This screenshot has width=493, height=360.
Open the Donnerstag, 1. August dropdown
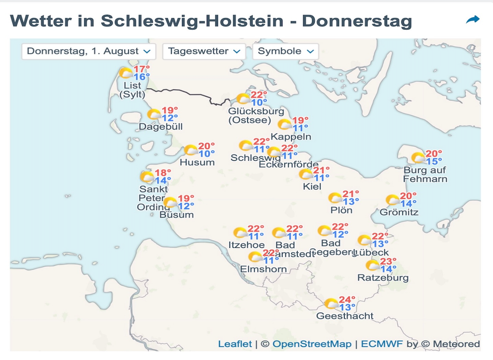pyautogui.click(x=89, y=51)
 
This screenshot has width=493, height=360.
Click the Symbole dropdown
pyautogui.click(x=285, y=51)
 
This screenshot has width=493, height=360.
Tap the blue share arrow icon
pyautogui.click(x=473, y=20)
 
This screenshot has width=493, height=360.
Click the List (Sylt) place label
pyautogui.click(x=132, y=90)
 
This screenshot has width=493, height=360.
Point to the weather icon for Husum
pyautogui.click(x=191, y=150)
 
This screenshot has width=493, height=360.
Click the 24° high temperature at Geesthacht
pyautogui.click(x=347, y=299)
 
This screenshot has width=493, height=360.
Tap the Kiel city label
pyautogui.click(x=312, y=187)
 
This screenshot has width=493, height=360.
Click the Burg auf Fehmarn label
pyautogui.click(x=425, y=175)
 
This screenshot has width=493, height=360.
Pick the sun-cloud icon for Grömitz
pyautogui.click(x=393, y=200)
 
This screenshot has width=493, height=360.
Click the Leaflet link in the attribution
pyautogui.click(x=235, y=344)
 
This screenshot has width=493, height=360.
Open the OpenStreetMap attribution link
pyautogui.click(x=312, y=344)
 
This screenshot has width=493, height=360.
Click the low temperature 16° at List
pyautogui.click(x=142, y=77)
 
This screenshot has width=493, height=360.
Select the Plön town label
pyautogui.click(x=341, y=210)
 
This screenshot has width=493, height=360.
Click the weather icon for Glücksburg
pyautogui.click(x=243, y=99)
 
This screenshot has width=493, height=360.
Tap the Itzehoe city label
pyautogui.click(x=246, y=245)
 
